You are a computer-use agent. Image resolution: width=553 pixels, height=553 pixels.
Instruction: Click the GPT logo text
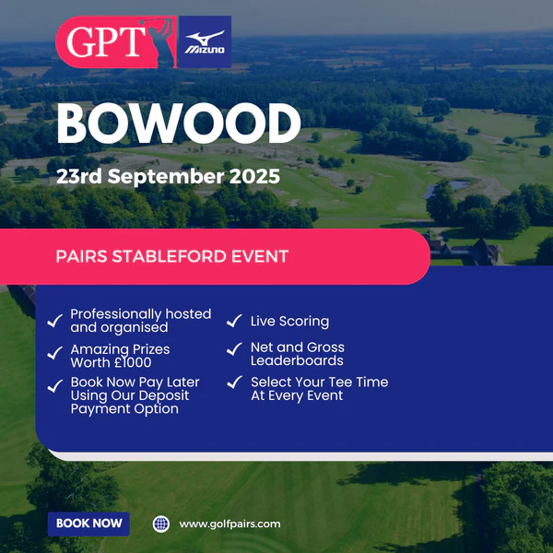pos(106,41)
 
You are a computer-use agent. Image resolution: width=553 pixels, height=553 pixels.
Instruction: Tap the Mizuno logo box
pos(205,41)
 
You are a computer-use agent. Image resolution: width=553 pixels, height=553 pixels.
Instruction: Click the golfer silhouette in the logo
pos(159,42)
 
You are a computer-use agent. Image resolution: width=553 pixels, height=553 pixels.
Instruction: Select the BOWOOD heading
pos(179,124)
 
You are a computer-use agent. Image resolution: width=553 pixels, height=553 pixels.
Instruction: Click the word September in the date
pos(166,177)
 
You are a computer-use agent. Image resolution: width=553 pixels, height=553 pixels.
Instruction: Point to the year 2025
pos(254,176)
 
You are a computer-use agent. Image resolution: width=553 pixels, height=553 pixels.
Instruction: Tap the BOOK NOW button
pos(88,524)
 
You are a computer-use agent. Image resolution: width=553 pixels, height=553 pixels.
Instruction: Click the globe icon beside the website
pos(161,524)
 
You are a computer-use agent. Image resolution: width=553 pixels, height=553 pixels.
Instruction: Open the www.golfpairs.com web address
pos(229,524)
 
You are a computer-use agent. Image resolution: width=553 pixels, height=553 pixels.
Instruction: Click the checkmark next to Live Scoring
pos(234,321)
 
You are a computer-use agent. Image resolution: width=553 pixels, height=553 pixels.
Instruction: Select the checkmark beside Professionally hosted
pos(55,321)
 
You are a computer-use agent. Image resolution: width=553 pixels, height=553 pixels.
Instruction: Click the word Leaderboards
pos(297,360)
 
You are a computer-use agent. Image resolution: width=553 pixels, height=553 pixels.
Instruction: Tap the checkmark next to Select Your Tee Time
pos(234,382)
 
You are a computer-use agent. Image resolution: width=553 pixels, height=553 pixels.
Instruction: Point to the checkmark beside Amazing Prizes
pos(55,353)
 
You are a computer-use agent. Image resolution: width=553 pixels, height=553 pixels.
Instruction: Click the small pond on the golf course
pos(445,188)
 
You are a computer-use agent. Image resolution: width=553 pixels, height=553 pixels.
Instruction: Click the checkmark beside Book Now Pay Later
pos(55,386)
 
